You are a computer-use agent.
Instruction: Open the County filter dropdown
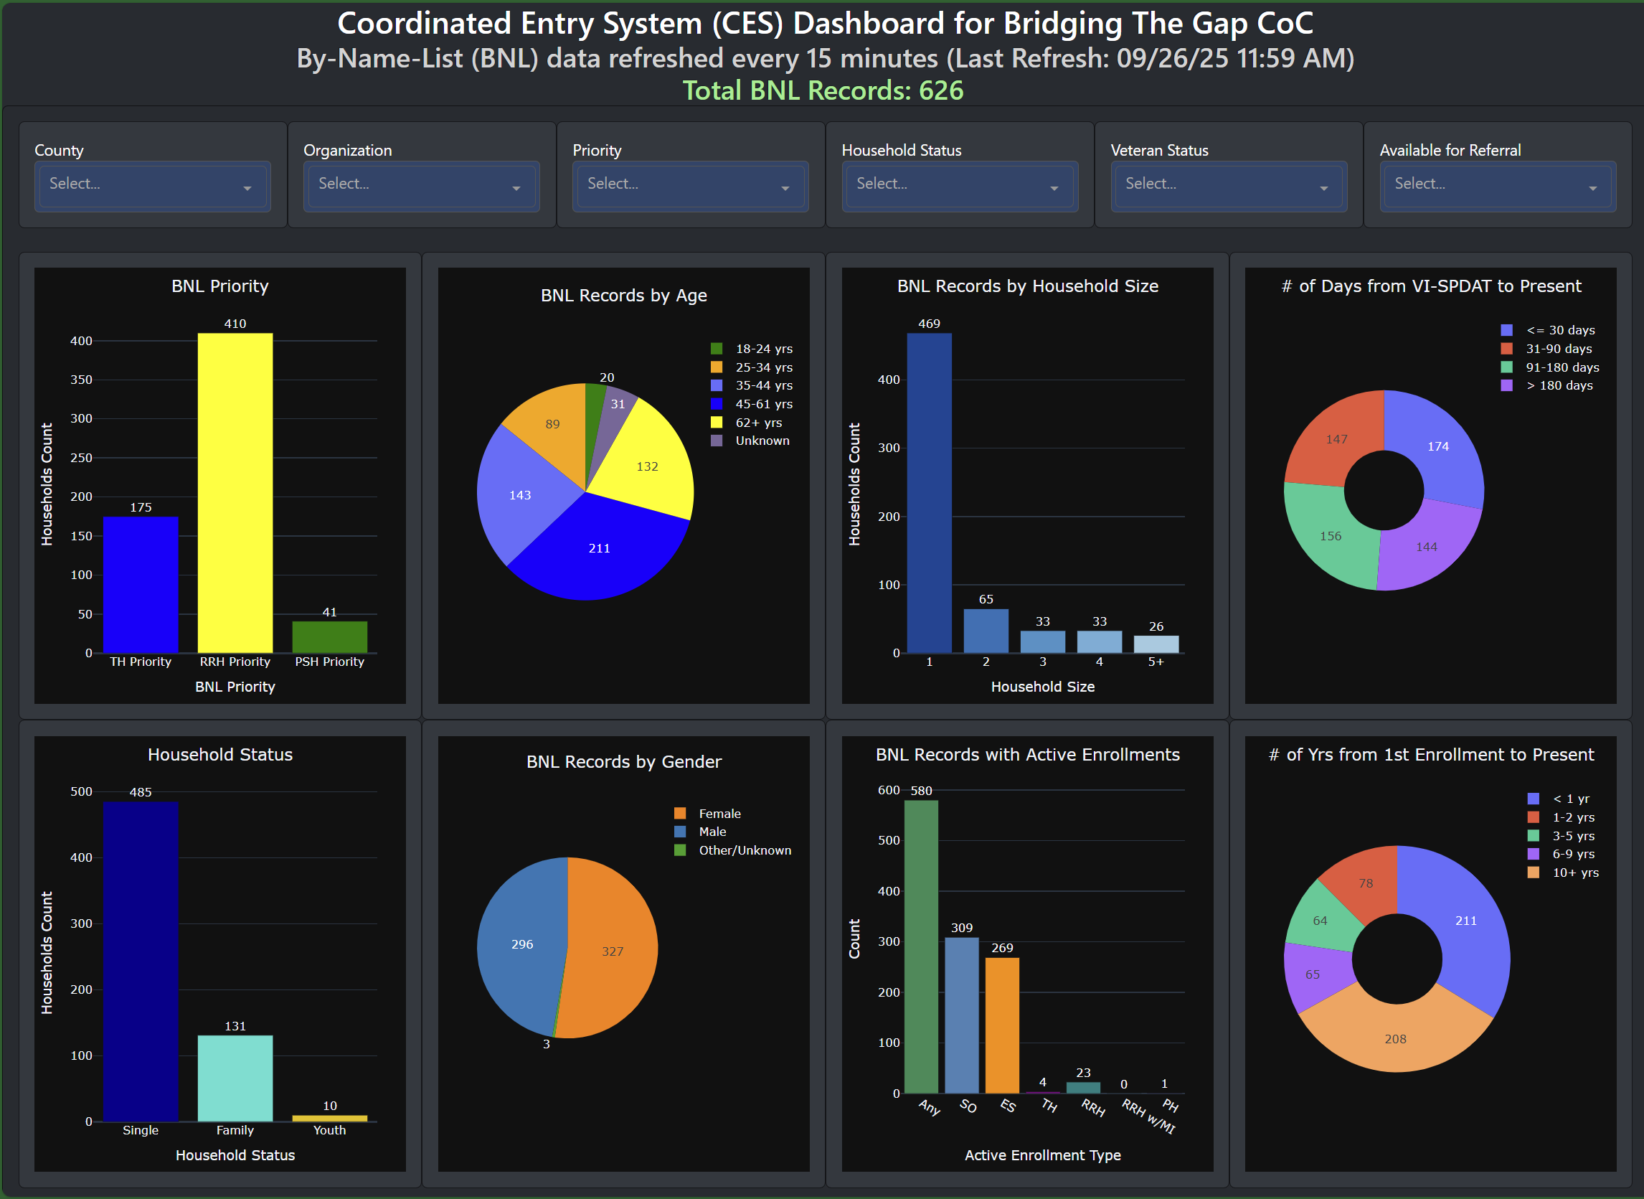coord(152,185)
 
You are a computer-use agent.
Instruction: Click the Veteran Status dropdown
coord(1228,185)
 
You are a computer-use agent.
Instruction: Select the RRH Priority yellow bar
coord(235,494)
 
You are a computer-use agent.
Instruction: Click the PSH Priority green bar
coord(329,637)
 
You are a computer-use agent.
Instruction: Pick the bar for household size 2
coord(986,631)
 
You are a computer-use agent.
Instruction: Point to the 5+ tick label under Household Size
coord(1156,662)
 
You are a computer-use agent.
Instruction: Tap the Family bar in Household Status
coord(235,1078)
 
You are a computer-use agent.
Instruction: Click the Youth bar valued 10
coord(329,1119)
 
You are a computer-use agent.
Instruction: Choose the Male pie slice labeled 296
coord(521,944)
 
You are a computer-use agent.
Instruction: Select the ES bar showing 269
coord(1002,1025)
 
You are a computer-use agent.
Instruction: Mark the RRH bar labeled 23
coord(1083,1088)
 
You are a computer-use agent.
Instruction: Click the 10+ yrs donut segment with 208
coord(1395,1038)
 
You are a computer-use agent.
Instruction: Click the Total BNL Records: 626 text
coord(823,90)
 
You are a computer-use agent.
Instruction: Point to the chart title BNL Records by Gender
coord(624,761)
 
